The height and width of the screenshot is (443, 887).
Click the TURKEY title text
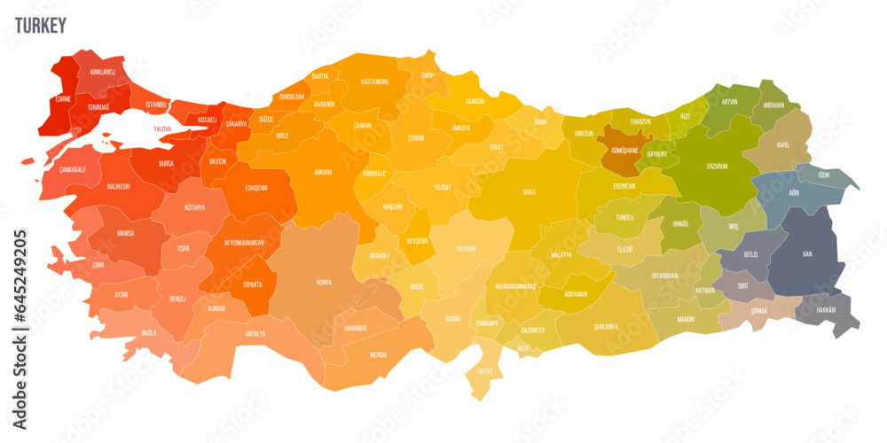click(x=40, y=26)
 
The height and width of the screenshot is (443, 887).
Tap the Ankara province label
click(x=323, y=172)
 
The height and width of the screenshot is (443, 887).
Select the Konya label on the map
click(x=324, y=283)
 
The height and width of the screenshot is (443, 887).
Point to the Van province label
click(x=806, y=253)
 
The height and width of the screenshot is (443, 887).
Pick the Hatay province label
click(x=485, y=371)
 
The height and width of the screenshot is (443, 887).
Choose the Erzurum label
click(x=717, y=166)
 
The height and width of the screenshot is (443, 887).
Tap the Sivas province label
click(x=529, y=190)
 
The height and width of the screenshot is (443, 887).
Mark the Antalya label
click(x=255, y=334)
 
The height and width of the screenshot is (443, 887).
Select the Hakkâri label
click(x=825, y=309)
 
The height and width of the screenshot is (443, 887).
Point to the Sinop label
click(x=428, y=76)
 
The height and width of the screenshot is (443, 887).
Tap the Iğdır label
click(x=824, y=175)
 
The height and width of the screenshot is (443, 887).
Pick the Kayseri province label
click(x=466, y=249)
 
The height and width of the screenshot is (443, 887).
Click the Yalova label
click(x=162, y=128)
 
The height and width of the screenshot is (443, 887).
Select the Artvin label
click(x=729, y=102)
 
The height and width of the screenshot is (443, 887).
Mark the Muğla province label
click(x=148, y=332)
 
